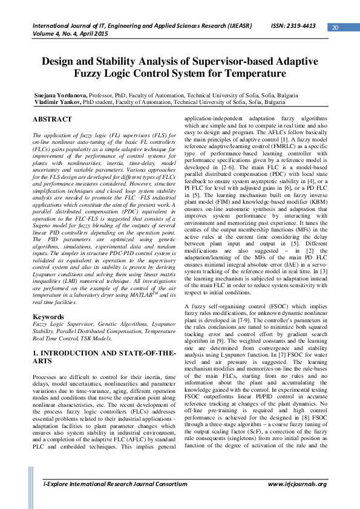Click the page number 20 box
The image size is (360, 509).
(336, 27)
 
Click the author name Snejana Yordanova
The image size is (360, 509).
(62, 96)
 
